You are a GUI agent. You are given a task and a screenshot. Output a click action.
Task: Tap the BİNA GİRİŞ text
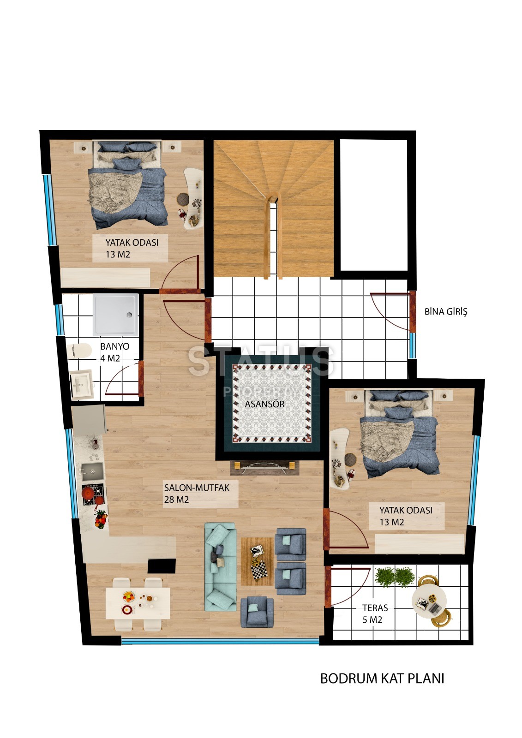[x=445, y=311]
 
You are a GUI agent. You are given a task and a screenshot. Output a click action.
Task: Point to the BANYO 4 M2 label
[x=114, y=352]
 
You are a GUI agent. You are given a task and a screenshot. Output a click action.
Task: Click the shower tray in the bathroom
[x=115, y=315]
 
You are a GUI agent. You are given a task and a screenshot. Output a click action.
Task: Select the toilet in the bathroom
[x=79, y=351]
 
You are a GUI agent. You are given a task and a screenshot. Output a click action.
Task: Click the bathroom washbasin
[x=81, y=384]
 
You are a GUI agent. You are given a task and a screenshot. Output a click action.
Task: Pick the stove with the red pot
[x=93, y=494]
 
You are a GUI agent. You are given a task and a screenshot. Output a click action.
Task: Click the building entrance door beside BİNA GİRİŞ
[x=413, y=311]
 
